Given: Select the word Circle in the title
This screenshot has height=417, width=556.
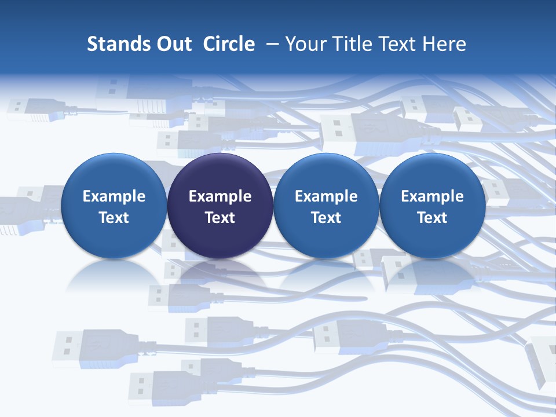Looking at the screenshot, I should click(229, 44).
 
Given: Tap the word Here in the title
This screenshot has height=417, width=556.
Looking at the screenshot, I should click(445, 44).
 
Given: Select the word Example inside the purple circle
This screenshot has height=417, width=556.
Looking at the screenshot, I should click(220, 196).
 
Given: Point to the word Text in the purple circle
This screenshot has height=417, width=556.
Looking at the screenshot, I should click(220, 218).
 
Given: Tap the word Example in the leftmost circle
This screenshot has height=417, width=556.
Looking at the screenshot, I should click(114, 196).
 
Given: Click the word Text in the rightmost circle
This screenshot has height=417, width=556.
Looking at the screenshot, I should click(433, 218).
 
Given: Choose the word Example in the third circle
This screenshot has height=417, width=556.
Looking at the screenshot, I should click(326, 196).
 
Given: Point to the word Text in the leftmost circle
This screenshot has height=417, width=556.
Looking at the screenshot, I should click(114, 218).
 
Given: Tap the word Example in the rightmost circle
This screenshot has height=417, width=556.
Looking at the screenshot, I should click(433, 196).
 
